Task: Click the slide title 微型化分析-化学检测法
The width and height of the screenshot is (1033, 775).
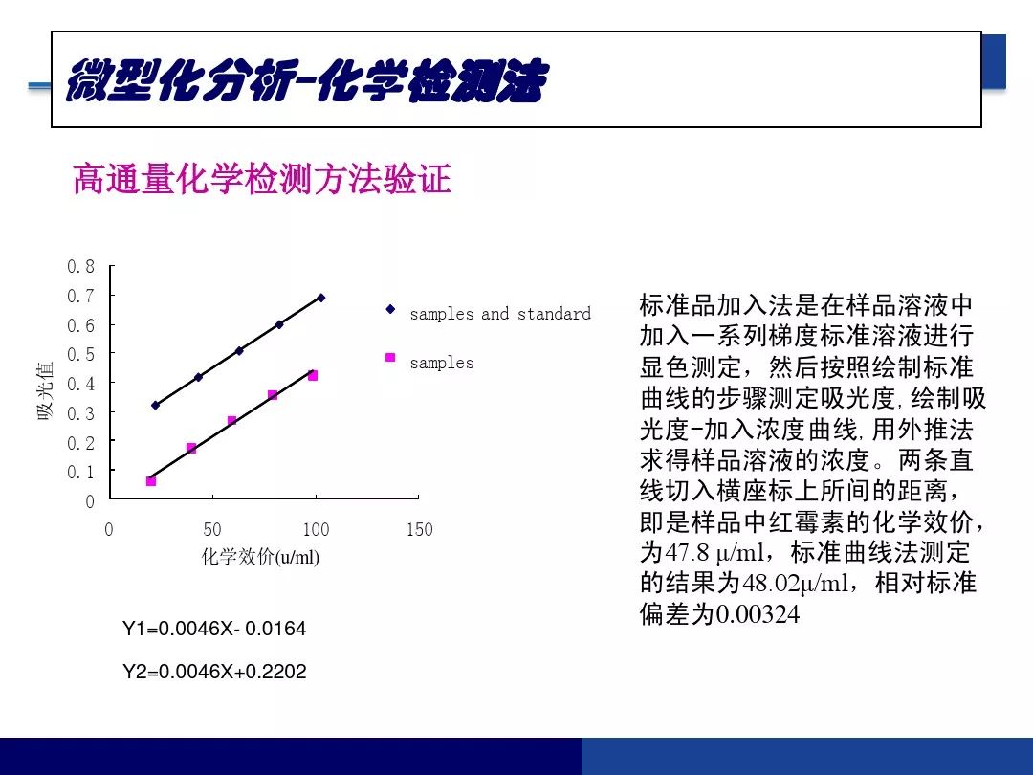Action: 307,81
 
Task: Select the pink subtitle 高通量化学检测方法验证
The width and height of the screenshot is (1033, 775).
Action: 262,179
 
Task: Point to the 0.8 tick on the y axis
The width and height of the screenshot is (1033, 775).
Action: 81,266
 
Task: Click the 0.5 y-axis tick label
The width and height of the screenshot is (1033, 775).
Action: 81,354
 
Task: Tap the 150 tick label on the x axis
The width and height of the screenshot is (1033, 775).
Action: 420,529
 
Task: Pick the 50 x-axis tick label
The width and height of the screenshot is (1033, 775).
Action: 212,529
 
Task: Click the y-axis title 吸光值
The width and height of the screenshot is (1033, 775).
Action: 45,390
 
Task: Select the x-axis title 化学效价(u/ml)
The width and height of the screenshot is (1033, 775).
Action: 260,557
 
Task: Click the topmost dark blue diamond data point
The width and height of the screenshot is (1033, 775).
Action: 320,298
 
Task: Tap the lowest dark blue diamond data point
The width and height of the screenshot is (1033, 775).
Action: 156,406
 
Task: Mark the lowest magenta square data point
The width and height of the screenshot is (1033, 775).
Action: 151,481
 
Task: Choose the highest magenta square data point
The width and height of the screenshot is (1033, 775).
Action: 313,376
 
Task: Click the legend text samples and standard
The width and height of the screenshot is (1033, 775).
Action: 500,314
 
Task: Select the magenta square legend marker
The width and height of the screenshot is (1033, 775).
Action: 390,357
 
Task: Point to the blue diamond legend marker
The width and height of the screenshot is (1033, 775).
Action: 390,308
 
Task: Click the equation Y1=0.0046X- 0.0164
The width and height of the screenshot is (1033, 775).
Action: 214,628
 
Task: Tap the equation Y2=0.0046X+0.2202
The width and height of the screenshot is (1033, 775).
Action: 214,672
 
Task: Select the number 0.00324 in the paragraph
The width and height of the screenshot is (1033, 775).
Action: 758,614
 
